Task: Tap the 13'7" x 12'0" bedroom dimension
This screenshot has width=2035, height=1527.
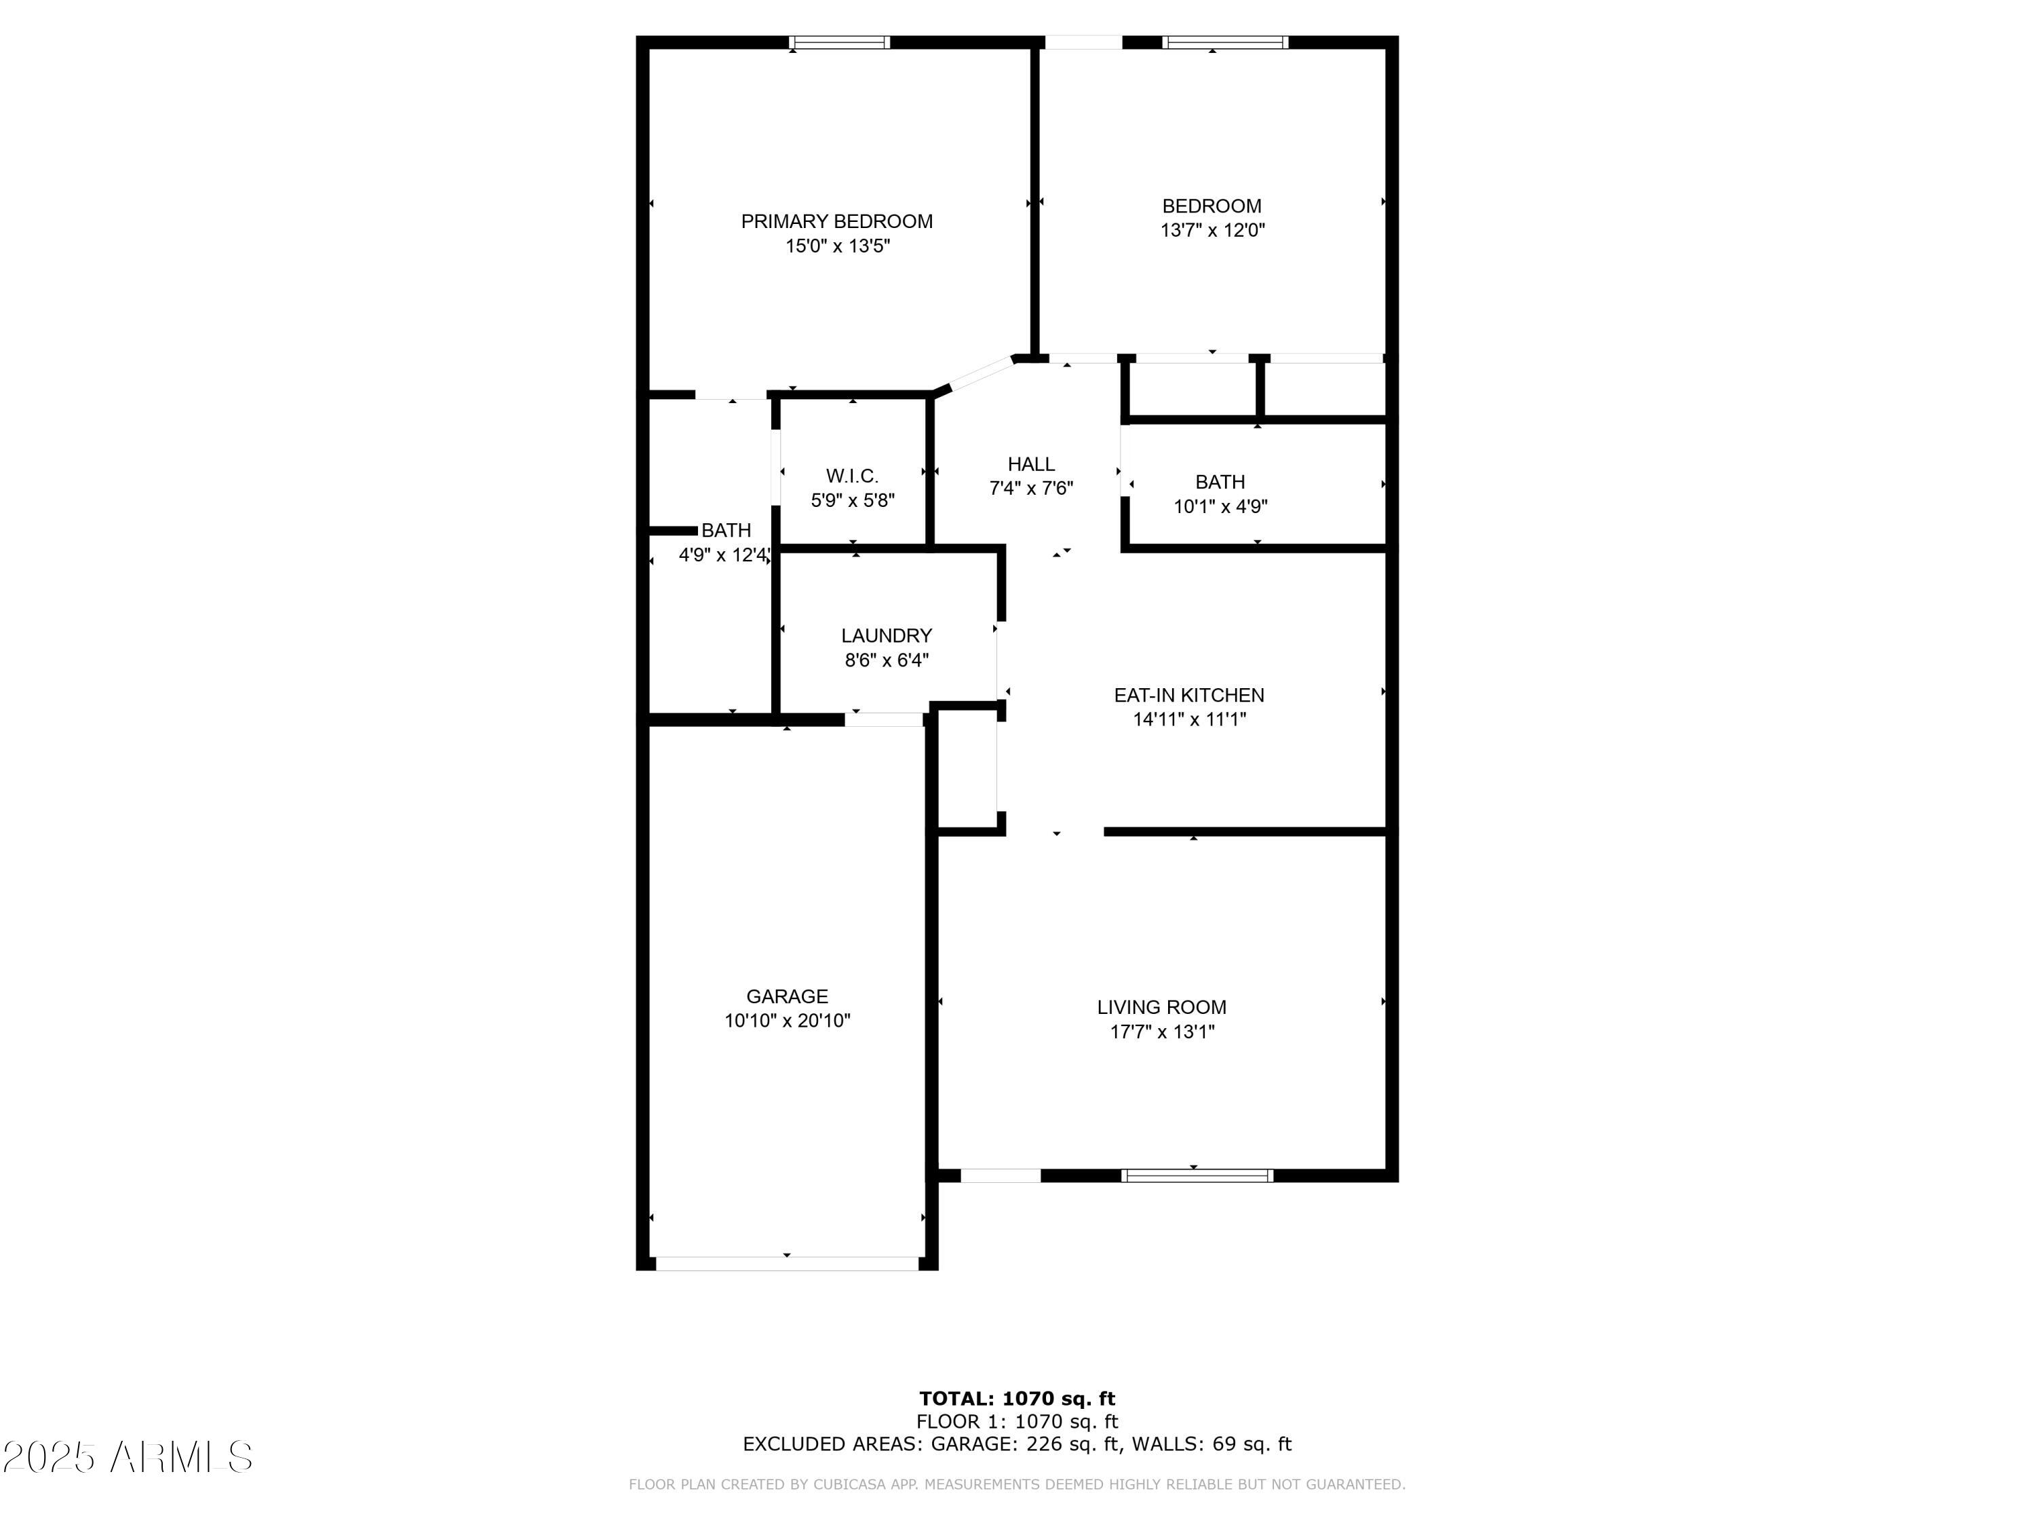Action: point(1213,230)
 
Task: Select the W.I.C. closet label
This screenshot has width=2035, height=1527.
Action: point(852,476)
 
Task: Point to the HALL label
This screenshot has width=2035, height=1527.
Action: point(1030,464)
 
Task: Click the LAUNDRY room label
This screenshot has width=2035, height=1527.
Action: point(886,635)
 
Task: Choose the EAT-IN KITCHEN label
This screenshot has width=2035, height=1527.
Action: point(1188,695)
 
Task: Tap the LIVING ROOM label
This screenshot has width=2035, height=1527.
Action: point(1161,1007)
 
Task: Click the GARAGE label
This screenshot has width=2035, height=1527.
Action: point(787,996)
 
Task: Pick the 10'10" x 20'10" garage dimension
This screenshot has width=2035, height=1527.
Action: point(787,1021)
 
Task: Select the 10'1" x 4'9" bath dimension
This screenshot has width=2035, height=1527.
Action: point(1220,506)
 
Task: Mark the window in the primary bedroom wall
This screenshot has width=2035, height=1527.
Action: point(839,42)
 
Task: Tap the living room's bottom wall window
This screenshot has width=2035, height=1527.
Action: point(1197,1175)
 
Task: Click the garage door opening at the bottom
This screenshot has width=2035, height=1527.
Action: point(787,1264)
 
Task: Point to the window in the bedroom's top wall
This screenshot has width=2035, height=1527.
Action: point(1224,42)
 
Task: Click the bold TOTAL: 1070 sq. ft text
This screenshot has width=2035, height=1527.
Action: point(1017,1399)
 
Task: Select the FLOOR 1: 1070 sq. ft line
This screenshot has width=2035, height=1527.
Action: point(1017,1422)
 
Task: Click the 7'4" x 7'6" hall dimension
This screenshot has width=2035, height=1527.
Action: point(1030,489)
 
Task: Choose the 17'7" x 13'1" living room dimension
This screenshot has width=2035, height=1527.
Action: point(1161,1032)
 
